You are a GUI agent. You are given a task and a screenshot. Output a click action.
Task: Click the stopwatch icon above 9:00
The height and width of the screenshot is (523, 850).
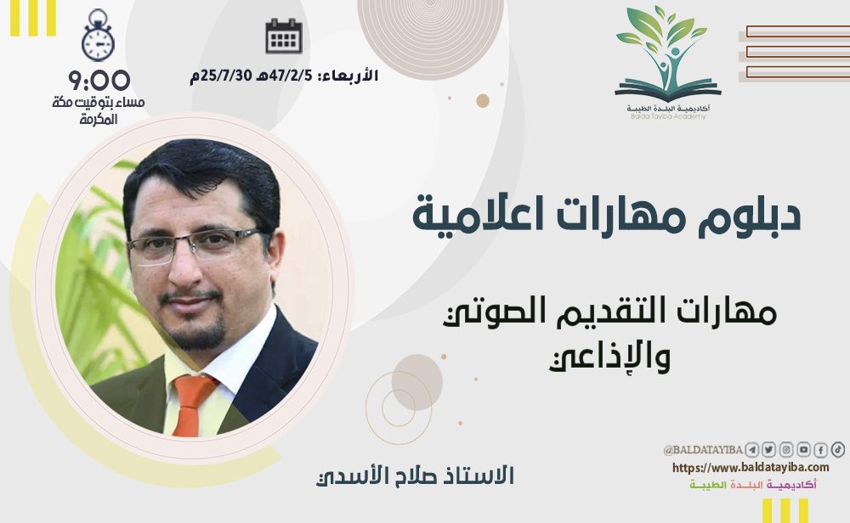coord(98,36)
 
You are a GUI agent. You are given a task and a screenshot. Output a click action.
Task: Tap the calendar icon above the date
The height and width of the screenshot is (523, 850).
coord(284,37)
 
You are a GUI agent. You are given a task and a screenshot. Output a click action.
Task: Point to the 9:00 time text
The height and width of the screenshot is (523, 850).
coord(99,81)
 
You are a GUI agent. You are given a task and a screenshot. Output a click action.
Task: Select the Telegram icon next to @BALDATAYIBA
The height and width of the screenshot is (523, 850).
coord(751,450)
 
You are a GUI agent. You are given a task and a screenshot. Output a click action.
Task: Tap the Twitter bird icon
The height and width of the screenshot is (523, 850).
coord(768,450)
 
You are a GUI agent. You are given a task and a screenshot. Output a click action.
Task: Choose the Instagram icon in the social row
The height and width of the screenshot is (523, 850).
coord(786,450)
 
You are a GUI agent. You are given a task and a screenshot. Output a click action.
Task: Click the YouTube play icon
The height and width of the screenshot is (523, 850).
coord(803,450)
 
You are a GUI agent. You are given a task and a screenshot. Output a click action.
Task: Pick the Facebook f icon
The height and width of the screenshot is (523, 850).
coord(821,450)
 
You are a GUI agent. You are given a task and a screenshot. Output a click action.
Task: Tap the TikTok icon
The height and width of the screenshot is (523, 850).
coord(837,449)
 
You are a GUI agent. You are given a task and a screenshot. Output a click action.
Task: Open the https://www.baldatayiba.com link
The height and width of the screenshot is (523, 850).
coord(751,467)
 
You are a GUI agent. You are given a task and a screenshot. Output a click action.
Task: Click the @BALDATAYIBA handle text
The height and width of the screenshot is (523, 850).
coord(703,450)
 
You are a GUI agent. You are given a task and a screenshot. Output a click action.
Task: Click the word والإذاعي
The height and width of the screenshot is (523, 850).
coord(609,357)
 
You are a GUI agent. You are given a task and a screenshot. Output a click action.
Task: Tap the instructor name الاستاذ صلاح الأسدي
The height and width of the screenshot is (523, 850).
coord(415,475)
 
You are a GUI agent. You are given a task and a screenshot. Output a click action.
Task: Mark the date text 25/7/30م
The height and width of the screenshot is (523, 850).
coord(221,76)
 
